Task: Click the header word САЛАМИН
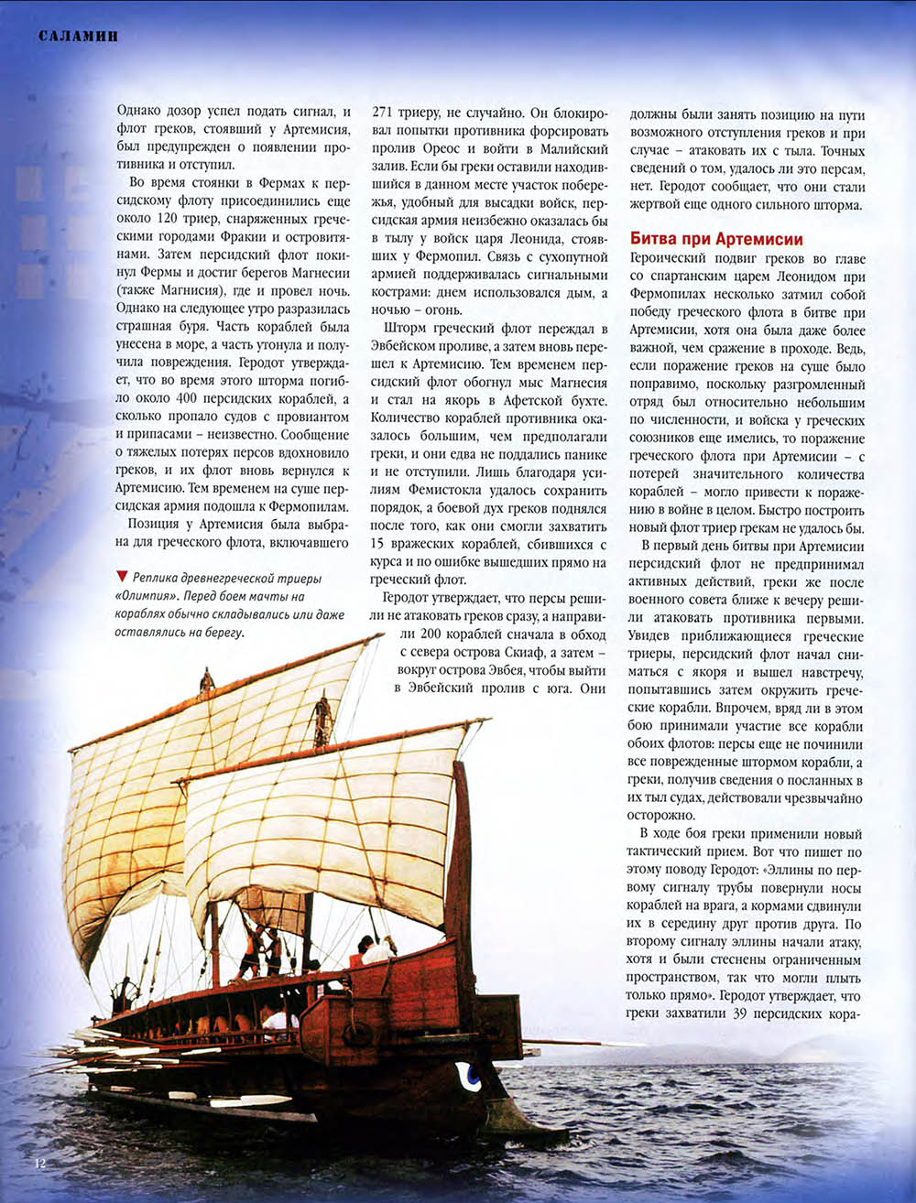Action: (x=79, y=37)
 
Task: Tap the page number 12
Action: (x=39, y=1164)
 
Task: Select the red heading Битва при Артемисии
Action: (x=716, y=239)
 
